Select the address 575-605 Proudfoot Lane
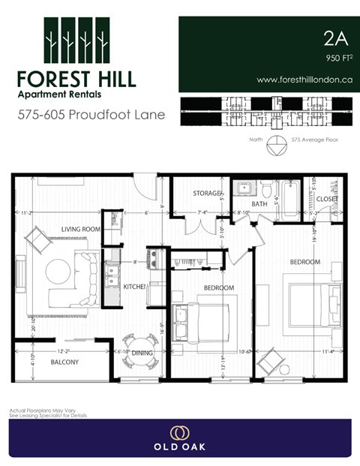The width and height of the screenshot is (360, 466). point(91,116)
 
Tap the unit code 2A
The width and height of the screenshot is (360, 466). point(334,37)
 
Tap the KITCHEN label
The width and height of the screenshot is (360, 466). point(135,287)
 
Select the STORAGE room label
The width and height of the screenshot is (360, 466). point(207,194)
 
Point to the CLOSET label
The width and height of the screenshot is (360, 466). point(327,199)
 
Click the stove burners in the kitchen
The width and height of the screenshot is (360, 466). point(152,259)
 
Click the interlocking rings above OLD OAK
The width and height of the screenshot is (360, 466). point(179,433)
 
